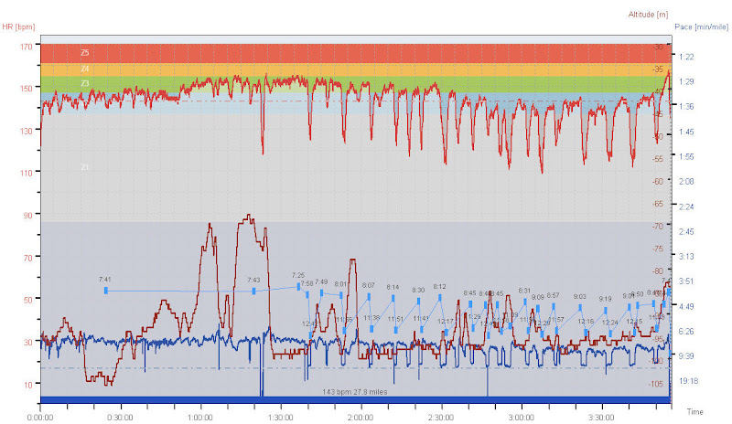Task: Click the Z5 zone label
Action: [x=84, y=53]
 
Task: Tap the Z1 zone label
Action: [x=84, y=167]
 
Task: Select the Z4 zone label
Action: [x=84, y=69]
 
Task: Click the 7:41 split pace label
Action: [x=104, y=280]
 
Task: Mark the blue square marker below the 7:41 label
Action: [x=105, y=291]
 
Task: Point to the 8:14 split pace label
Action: [x=393, y=287]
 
